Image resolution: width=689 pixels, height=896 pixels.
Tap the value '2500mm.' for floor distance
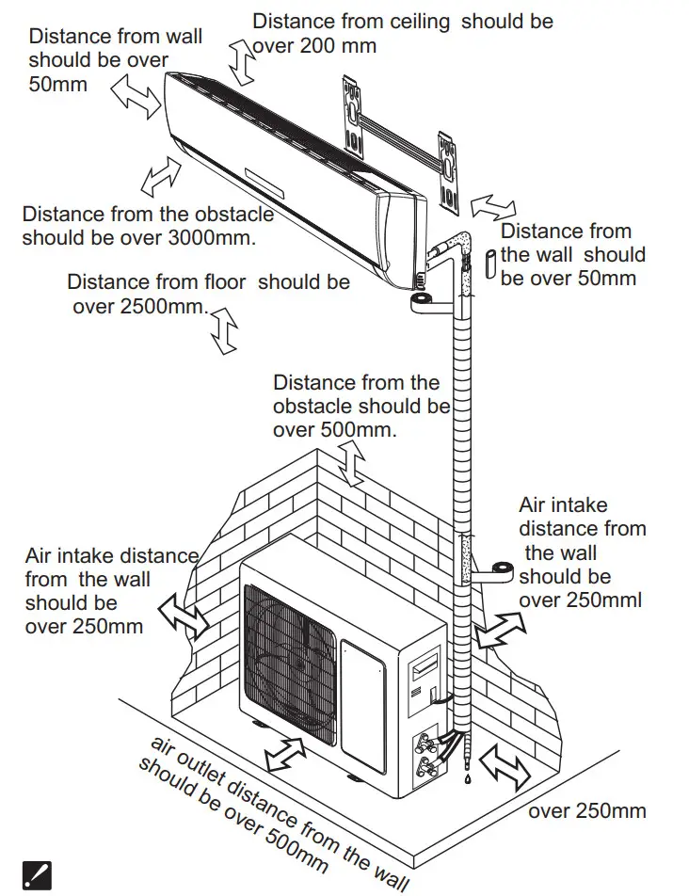pyautogui.click(x=161, y=306)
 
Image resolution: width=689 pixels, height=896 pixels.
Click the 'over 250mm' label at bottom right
pyautogui.click(x=587, y=811)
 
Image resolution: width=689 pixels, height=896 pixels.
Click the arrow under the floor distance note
pyautogui.click(x=224, y=330)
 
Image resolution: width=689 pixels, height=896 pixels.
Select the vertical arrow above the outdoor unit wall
pyautogui.click(x=353, y=465)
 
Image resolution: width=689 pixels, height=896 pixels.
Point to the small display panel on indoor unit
pyautogui.click(x=270, y=174)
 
